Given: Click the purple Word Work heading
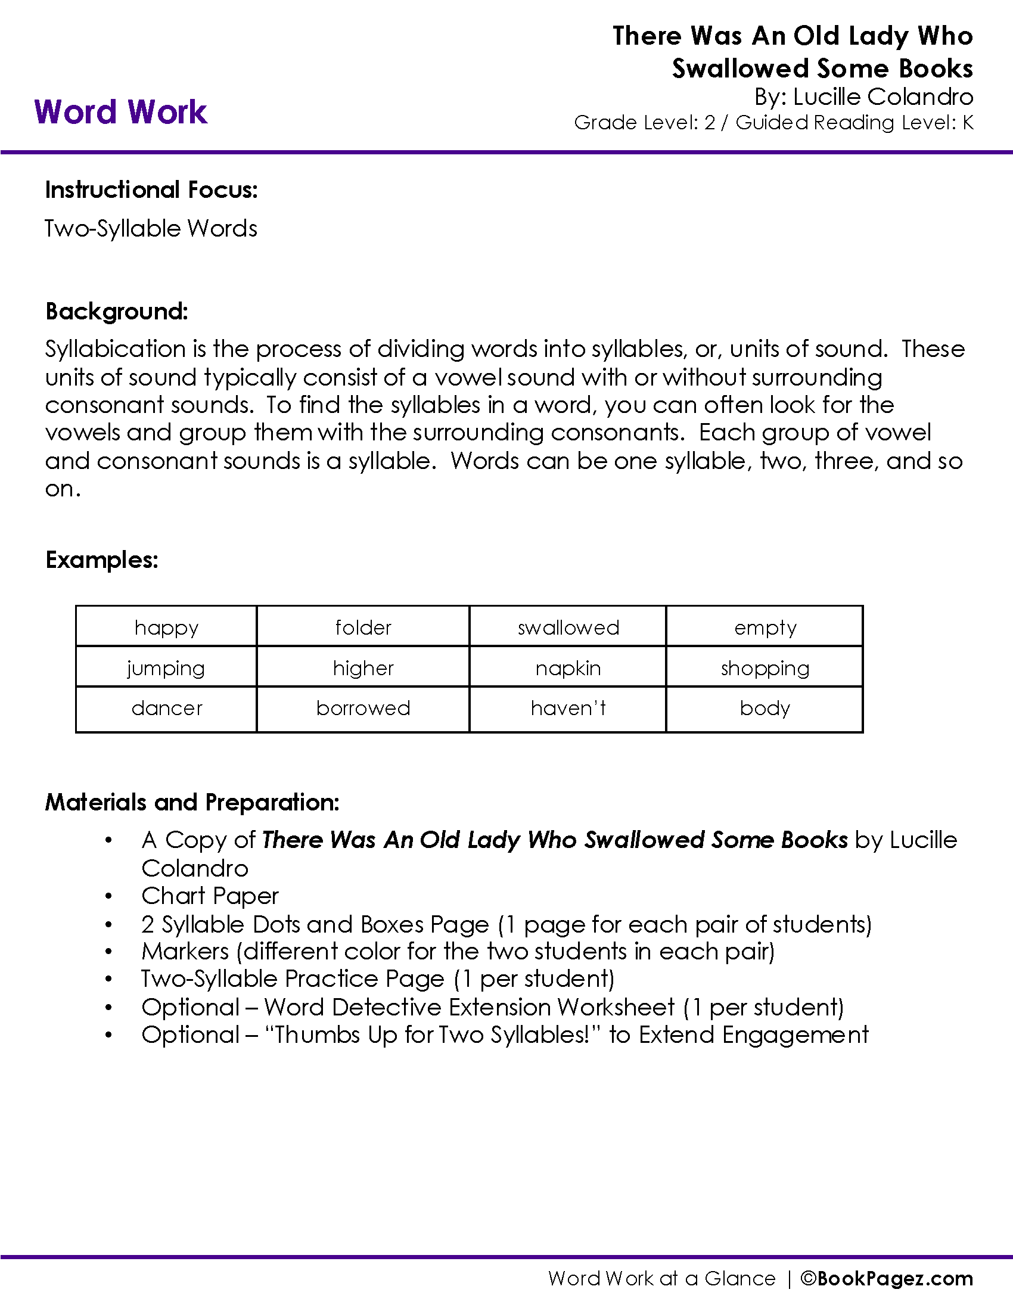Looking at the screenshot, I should [120, 112].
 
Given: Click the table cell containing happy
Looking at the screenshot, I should [166, 627].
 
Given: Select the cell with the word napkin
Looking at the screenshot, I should [568, 668].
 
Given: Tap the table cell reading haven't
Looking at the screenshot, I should [568, 709].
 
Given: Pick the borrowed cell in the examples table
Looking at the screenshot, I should [363, 709].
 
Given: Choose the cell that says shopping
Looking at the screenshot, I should [765, 668].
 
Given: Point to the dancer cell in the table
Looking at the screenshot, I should [166, 709].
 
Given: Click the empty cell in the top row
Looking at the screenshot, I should [765, 627].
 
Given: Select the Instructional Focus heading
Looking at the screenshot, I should [151, 189].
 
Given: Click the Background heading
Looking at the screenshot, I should [116, 312].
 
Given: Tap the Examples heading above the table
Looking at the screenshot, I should [101, 560].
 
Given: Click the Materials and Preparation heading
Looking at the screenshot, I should [192, 802].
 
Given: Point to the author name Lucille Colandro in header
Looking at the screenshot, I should [883, 97].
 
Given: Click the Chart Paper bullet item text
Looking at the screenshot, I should [210, 896].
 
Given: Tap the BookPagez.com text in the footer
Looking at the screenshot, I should [894, 1279].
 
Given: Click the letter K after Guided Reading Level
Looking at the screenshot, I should [967, 122].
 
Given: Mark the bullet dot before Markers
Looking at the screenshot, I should [108, 952].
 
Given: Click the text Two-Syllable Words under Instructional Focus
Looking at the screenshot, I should [151, 229].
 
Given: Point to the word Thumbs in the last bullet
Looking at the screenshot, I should [318, 1035].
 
